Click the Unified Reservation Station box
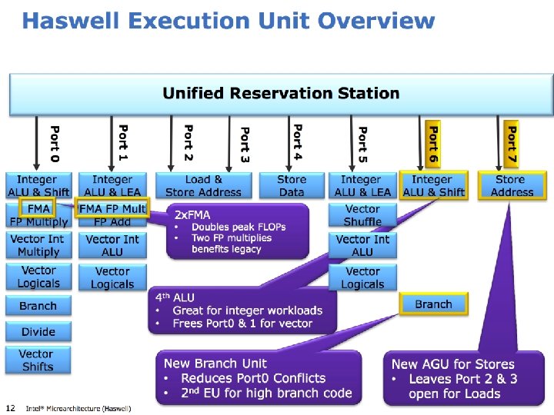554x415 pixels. click(x=281, y=94)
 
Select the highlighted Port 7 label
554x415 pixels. click(x=511, y=144)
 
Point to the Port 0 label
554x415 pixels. click(x=54, y=143)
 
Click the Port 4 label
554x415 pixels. click(x=298, y=143)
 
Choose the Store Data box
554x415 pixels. click(x=292, y=185)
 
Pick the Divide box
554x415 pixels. click(x=38, y=332)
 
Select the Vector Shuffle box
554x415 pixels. click(x=362, y=215)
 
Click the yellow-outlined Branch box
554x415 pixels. click(x=433, y=304)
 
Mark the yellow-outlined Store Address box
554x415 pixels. click(x=512, y=185)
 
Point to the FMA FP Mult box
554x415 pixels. click(x=112, y=208)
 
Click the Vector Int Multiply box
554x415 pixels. click(x=38, y=245)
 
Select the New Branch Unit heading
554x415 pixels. click(x=215, y=363)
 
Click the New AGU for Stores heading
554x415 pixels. click(x=452, y=364)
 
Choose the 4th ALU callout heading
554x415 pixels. click(x=175, y=297)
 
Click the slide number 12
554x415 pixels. click(x=10, y=407)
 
